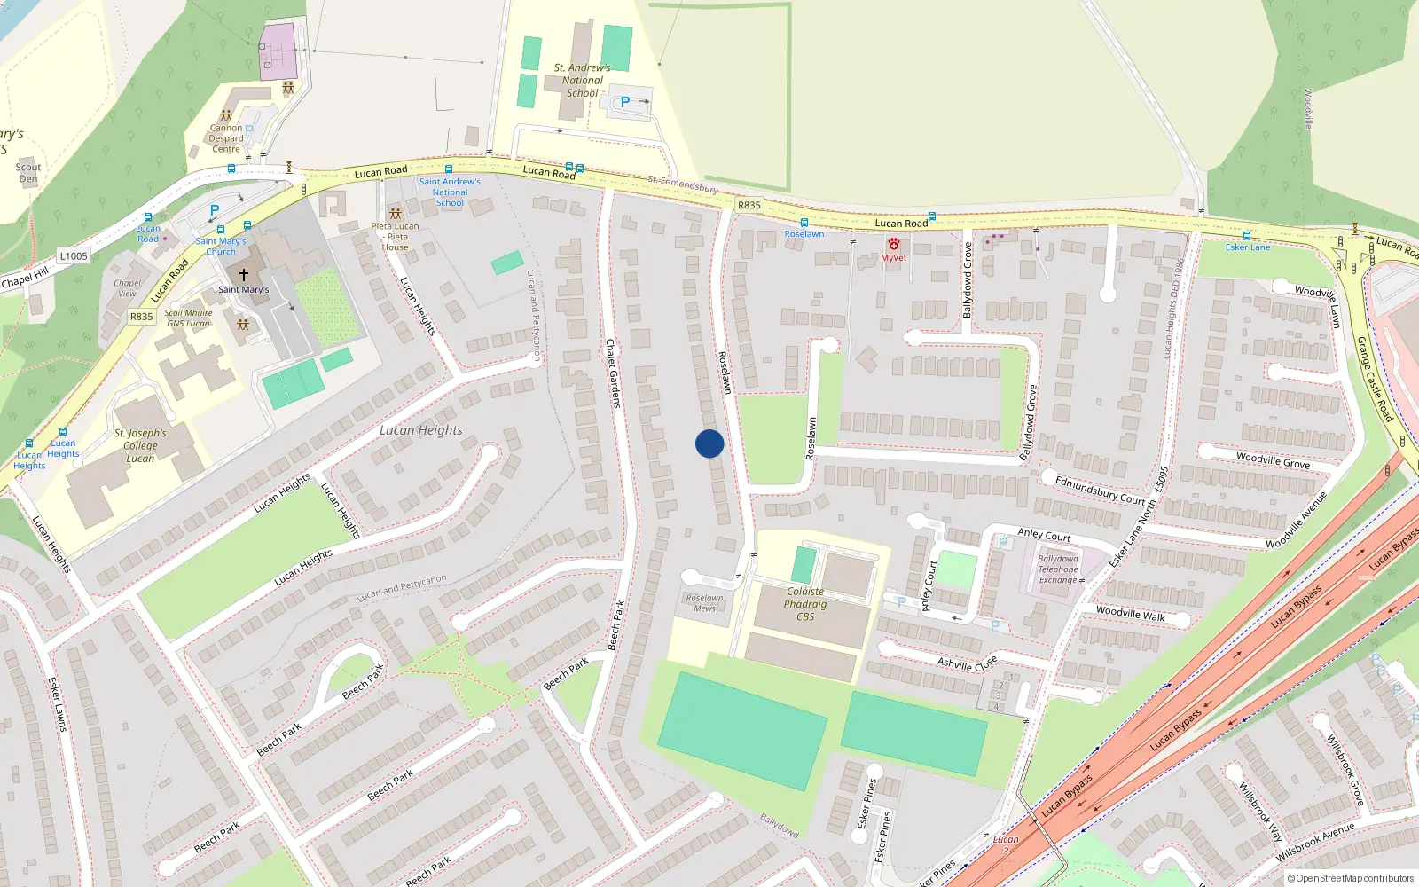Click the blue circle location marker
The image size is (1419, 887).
coord(709,443)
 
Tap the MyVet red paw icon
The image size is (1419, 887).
coord(893,244)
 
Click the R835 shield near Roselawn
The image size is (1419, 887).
coord(749,205)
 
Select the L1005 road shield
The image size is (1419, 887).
coord(74,256)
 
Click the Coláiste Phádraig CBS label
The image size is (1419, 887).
coord(805,604)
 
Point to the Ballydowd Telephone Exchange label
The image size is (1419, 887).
coord(1058,569)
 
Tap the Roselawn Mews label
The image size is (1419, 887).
coord(705,603)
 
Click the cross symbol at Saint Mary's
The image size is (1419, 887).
coord(244,275)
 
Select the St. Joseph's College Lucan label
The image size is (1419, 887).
coord(140,445)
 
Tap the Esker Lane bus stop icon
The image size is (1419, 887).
coord(1247,236)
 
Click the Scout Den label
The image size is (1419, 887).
coord(28,173)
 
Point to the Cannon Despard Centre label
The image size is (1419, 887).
coord(226,138)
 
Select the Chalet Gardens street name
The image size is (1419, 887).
coord(613,373)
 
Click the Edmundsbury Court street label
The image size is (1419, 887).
coord(1100,490)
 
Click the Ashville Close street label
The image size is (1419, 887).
coord(968,663)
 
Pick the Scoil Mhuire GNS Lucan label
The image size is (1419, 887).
coord(189,318)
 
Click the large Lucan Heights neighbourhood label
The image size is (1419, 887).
coord(421,430)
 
